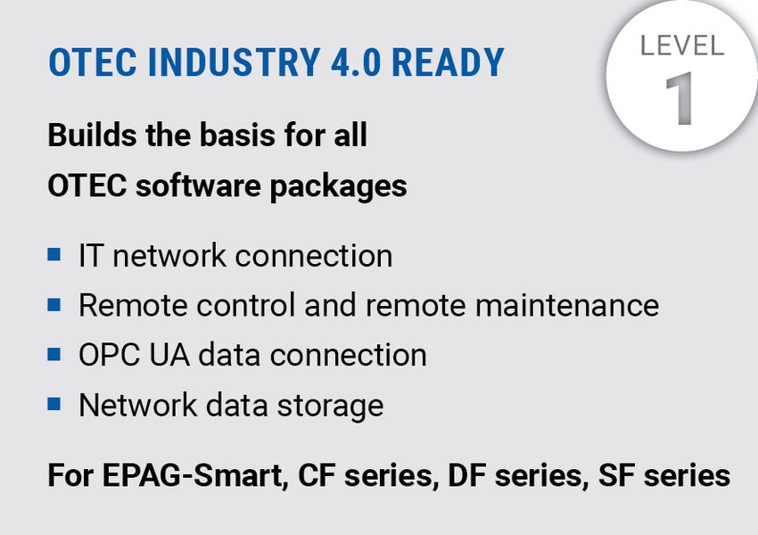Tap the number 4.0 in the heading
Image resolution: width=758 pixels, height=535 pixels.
pyautogui.click(x=356, y=62)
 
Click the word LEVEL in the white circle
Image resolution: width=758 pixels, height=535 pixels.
pyautogui.click(x=682, y=45)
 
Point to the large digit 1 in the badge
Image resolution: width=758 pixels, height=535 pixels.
pyautogui.click(x=680, y=99)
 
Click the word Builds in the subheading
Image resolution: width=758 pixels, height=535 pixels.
pyautogui.click(x=92, y=135)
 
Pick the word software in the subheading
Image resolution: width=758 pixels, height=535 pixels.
pyautogui.click(x=198, y=185)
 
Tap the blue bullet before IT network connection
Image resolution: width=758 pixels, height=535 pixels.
pyautogui.click(x=54, y=254)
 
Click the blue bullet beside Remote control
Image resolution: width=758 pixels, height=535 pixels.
pyautogui.click(x=54, y=304)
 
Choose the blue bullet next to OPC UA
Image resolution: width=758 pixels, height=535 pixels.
pyautogui.click(x=54, y=354)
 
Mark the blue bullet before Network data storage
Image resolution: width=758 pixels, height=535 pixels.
pyautogui.click(x=54, y=404)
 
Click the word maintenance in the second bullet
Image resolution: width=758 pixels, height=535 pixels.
pyautogui.click(x=567, y=306)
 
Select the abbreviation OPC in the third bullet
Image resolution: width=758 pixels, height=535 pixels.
pyautogui.click(x=110, y=355)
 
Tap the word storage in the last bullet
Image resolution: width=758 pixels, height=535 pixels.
pyautogui.click(x=330, y=407)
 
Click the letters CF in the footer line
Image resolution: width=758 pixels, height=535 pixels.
pyautogui.click(x=317, y=475)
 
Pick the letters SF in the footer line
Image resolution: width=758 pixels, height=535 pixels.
pyautogui.click(x=616, y=475)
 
